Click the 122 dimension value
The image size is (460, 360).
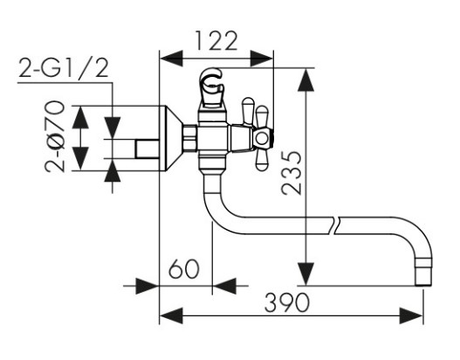pos(216,41)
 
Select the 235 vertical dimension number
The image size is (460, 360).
pos(292,173)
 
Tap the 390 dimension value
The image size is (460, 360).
pos(287,302)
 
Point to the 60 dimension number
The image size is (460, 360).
pos(184,268)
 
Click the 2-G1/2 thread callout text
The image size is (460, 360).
pos(64,68)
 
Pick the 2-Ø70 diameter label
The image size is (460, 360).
pos(55,136)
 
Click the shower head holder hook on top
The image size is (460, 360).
pos(211,81)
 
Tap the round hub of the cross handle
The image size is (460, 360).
pos(261,139)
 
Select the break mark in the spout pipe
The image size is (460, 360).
pos(337,225)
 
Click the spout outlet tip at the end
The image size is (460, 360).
pos(424,272)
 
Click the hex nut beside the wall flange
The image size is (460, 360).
pos(189,138)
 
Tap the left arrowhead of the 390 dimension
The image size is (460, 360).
pos(171,315)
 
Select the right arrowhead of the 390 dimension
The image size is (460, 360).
pos(411,315)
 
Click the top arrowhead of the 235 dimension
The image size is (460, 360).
pos(306,80)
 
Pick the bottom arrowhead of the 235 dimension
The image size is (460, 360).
pos(306,273)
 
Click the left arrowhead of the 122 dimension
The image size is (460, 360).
pos(171,59)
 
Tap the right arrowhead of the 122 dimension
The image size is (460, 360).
pos(262,59)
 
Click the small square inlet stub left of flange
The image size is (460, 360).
pos(148,149)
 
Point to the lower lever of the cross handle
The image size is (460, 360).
pos(262,159)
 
